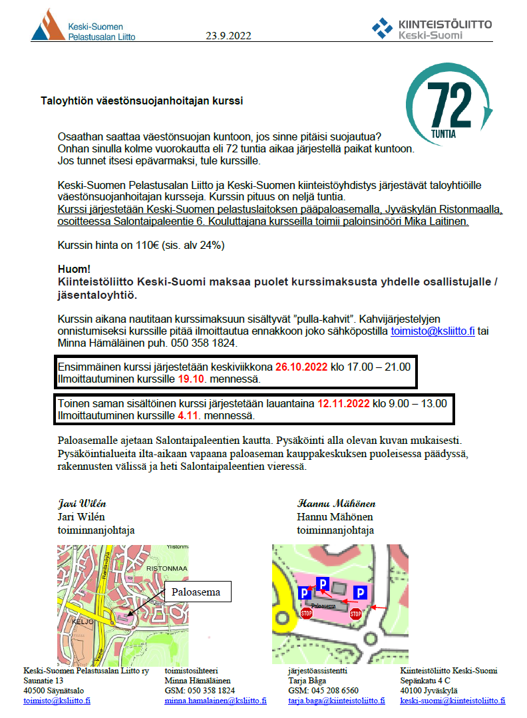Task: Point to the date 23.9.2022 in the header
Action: pos(228,36)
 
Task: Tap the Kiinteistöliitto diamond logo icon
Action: pos(382,27)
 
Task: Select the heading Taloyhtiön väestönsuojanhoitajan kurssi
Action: pos(142,102)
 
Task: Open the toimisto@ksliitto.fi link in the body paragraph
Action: pos(433,331)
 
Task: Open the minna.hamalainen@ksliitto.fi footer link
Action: pos(216,701)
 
